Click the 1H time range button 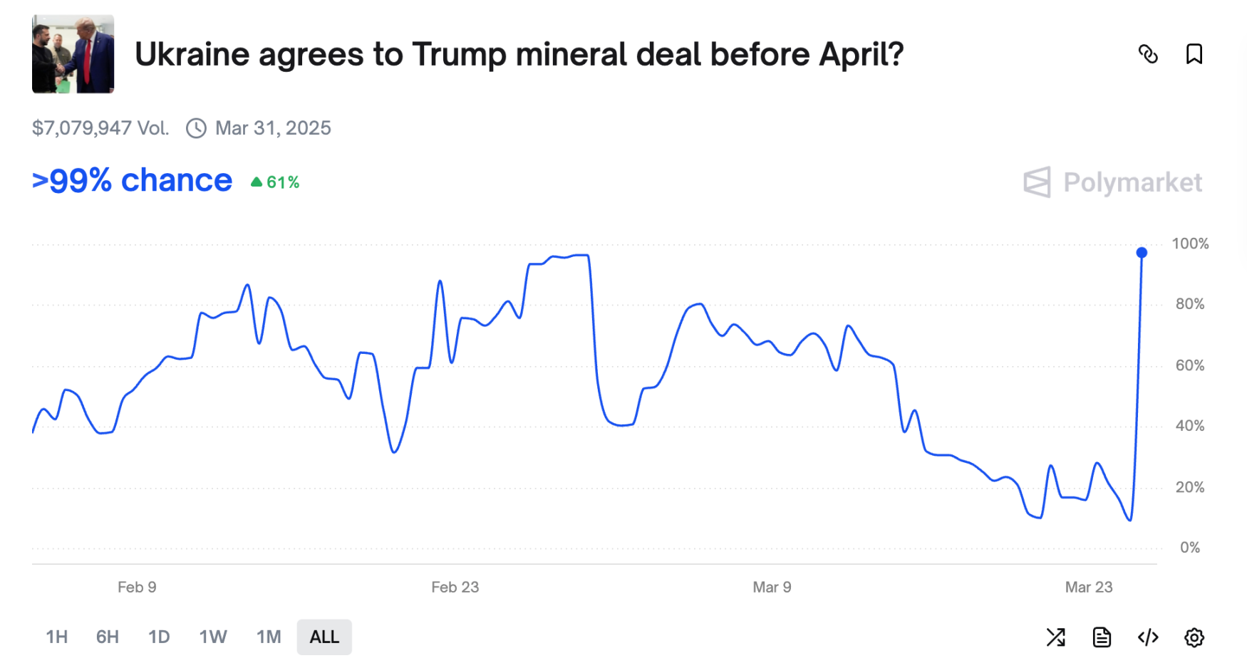[x=57, y=637]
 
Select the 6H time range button [x=108, y=637]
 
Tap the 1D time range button [x=159, y=637]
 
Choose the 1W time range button [x=213, y=637]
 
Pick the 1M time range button [x=269, y=637]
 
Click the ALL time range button [x=324, y=637]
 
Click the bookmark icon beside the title [x=1194, y=54]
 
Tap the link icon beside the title [x=1148, y=54]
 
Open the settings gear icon [x=1194, y=637]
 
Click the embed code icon [x=1148, y=637]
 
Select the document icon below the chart [x=1102, y=637]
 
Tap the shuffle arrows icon [x=1055, y=637]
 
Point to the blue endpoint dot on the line [x=1142, y=253]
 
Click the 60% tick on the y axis [x=1189, y=365]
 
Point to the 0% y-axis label [x=1189, y=548]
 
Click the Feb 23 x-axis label [x=455, y=588]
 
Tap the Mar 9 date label [x=772, y=588]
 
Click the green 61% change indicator [x=276, y=182]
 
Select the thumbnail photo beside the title [x=73, y=54]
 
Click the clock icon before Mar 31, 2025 [x=196, y=128]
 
